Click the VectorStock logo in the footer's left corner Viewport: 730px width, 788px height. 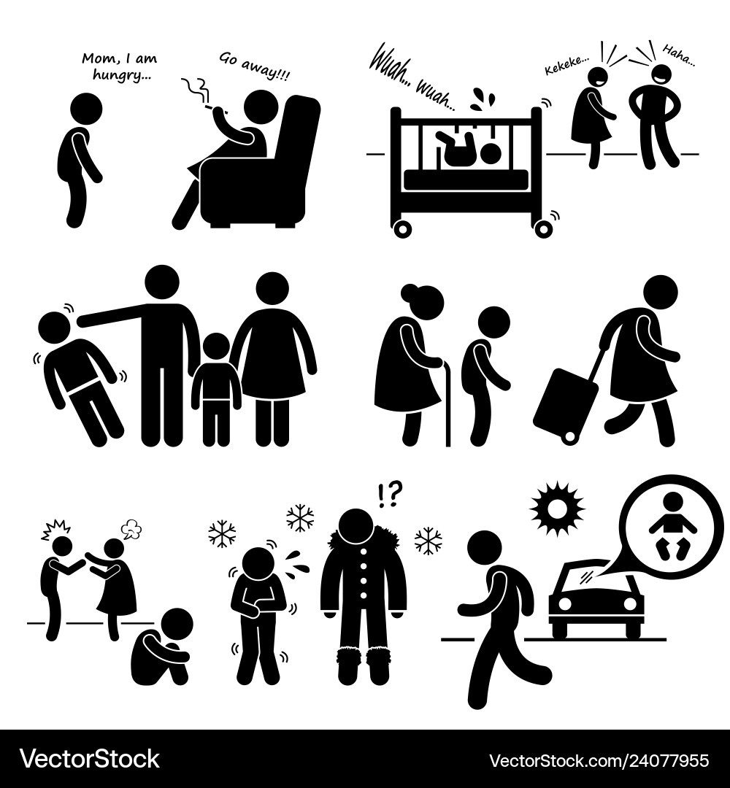click(x=90, y=759)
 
